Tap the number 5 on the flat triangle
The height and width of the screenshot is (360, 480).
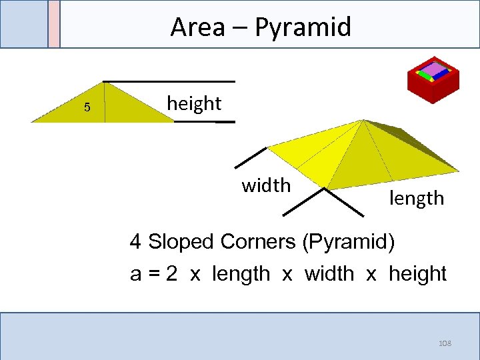(87, 109)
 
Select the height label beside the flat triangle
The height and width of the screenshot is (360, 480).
(193, 103)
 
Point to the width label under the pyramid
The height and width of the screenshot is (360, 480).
(266, 185)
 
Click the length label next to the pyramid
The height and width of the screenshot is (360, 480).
(417, 197)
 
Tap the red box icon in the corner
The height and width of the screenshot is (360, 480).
(433, 78)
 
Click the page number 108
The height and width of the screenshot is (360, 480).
(445, 343)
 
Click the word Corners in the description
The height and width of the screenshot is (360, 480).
(263, 241)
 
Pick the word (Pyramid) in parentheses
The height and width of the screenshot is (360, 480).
(349, 241)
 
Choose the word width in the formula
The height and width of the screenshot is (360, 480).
(329, 274)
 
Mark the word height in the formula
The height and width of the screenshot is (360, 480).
(417, 274)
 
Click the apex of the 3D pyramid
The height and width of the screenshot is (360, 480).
(363, 121)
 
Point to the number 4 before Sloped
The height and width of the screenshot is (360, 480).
(135, 241)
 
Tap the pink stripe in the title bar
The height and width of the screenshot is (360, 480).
(54, 23)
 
